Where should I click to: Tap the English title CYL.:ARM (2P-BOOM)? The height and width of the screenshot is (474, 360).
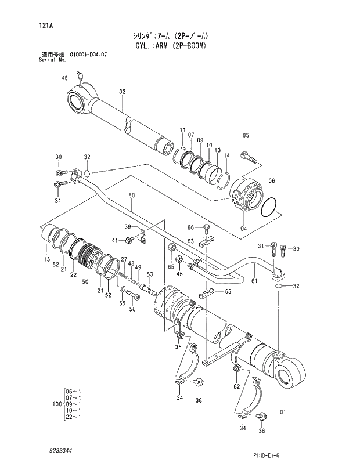170,45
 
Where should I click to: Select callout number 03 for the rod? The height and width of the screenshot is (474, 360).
122,92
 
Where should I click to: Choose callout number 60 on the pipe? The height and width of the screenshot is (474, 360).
132,196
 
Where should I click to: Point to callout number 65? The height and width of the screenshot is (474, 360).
171,266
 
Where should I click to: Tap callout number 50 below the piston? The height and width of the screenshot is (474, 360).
85,281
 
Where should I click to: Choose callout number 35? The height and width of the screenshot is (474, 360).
178,347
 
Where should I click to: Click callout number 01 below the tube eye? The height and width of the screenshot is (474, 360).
283,413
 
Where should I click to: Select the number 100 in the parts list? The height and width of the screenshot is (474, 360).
56,404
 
